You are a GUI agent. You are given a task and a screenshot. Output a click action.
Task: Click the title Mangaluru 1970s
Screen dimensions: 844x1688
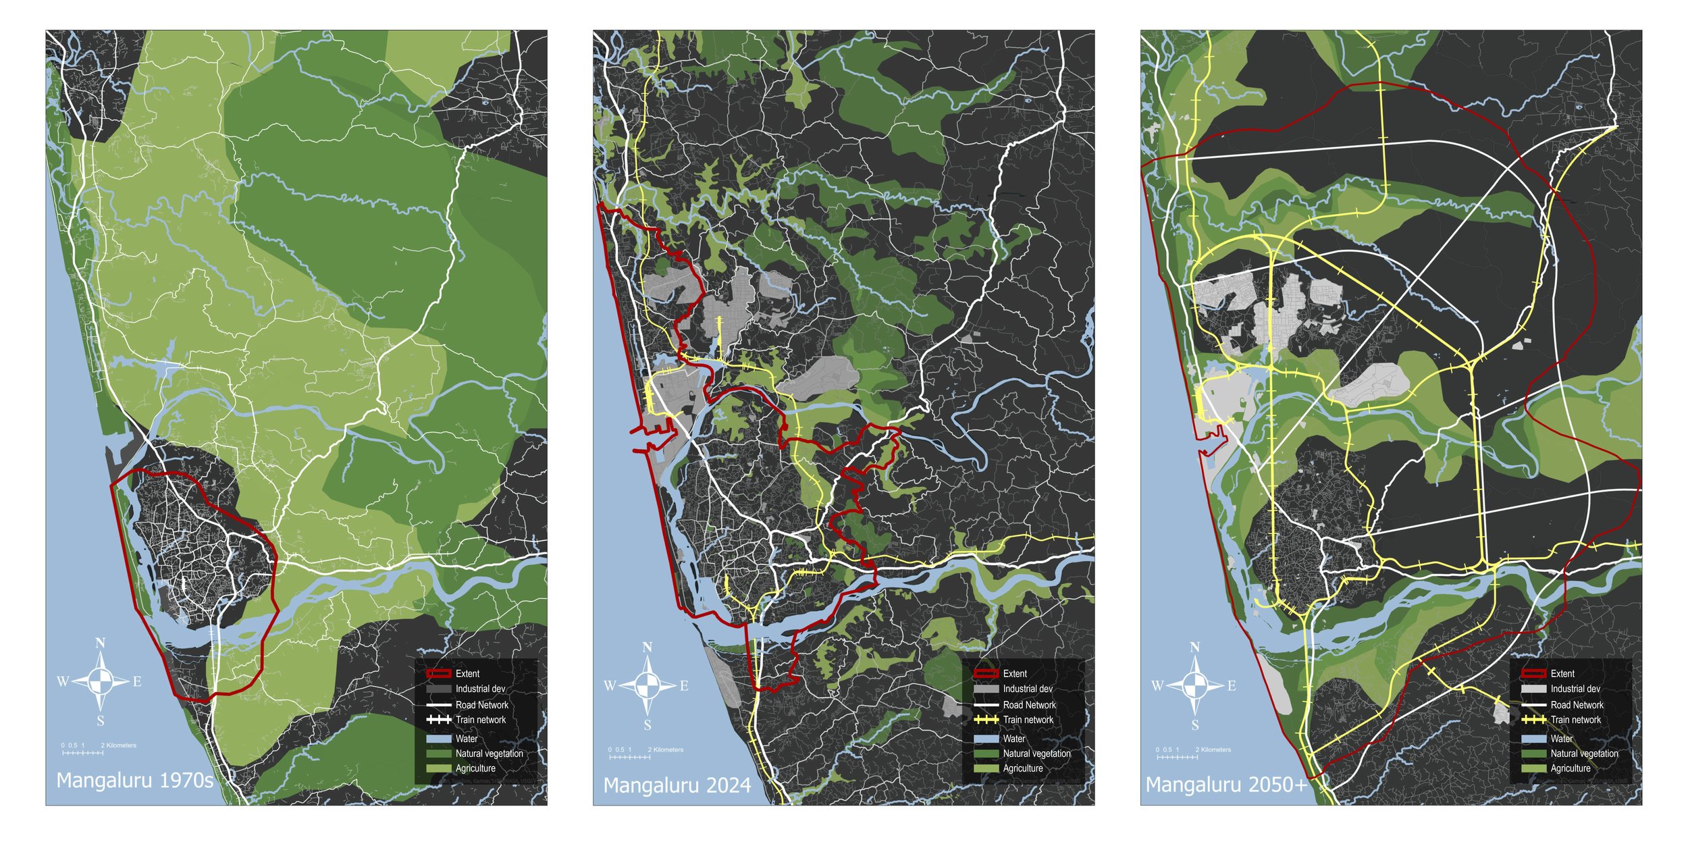[134, 781]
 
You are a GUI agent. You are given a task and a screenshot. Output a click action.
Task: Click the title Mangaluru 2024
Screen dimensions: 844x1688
[677, 785]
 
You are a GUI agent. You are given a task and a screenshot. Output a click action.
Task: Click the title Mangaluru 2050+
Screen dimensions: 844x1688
[1226, 785]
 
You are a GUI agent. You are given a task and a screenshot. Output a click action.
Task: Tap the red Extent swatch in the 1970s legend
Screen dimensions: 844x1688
[438, 674]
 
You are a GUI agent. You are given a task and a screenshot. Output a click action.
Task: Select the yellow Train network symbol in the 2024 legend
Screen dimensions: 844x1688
[986, 720]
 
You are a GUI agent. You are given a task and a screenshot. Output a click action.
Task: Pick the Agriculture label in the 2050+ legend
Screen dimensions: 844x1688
[1570, 768]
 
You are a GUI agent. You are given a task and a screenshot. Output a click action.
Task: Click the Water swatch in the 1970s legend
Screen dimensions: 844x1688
[438, 739]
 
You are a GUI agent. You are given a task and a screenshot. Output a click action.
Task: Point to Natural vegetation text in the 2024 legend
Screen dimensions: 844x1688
[1036, 754]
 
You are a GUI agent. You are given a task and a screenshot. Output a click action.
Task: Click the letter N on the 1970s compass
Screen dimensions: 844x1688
[100, 643]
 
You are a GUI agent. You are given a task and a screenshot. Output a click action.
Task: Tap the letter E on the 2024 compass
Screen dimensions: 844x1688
[684, 686]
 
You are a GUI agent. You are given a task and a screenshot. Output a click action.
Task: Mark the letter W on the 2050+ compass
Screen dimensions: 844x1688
[1157, 686]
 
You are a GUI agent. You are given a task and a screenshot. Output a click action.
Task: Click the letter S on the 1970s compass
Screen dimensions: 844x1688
[101, 721]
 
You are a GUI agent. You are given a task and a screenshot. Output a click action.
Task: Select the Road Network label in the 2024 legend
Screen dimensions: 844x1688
[1029, 705]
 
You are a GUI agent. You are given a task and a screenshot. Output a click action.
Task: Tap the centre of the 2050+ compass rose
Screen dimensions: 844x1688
[1195, 686]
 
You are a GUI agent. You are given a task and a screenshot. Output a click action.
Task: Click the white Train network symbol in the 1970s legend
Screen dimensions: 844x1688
[438, 720]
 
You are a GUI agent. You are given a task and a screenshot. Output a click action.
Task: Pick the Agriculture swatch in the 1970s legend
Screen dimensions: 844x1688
[438, 768]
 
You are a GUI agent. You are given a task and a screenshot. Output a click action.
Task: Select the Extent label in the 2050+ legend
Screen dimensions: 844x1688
[1562, 674]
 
